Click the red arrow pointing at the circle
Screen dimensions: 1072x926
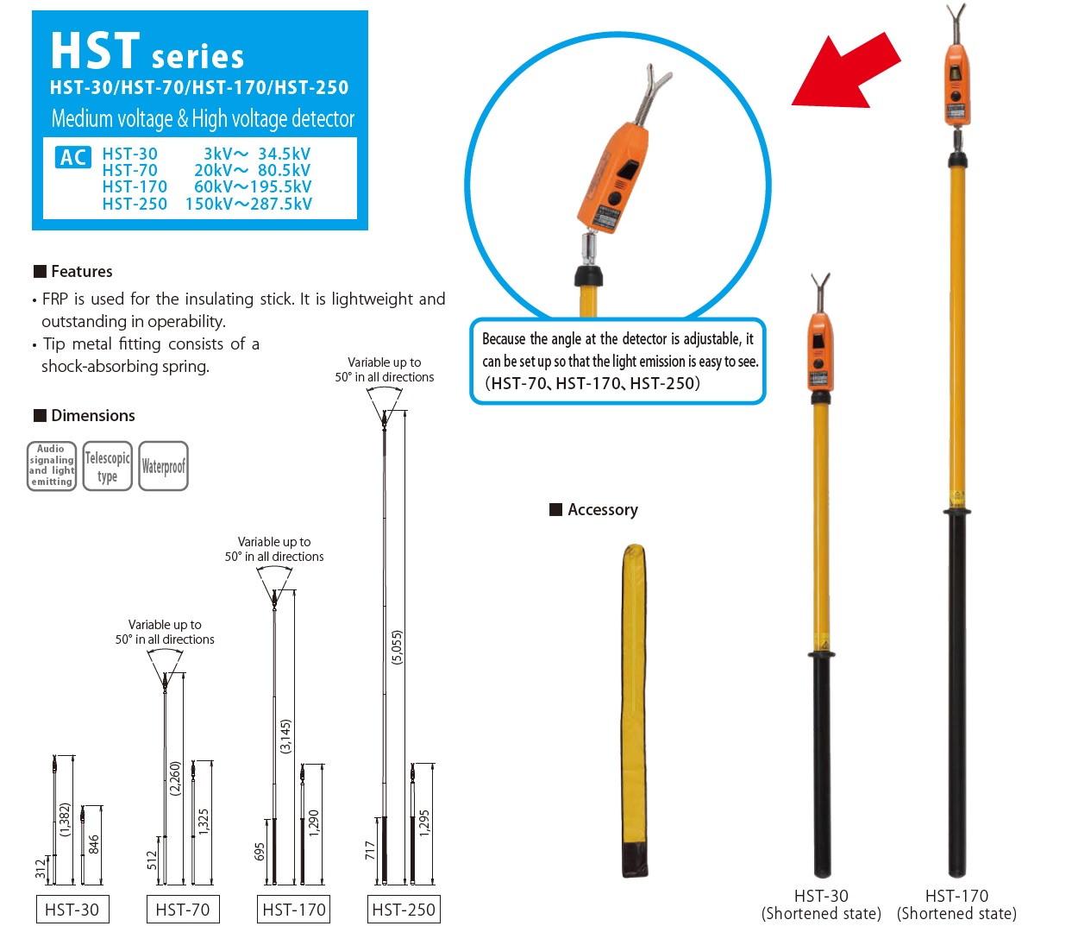click(x=846, y=72)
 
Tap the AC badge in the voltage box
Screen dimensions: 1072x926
click(x=73, y=157)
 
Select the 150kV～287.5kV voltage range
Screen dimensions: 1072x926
click(x=248, y=204)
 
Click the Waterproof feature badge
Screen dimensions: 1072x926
click(x=163, y=466)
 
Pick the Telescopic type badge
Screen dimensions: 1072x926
click(x=107, y=466)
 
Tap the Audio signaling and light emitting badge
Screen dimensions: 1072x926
click(x=52, y=466)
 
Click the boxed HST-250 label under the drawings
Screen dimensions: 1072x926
click(x=404, y=909)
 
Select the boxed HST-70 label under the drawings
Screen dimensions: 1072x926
click(x=183, y=909)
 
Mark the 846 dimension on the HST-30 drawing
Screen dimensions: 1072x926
click(x=94, y=845)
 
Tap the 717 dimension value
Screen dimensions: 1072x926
click(x=370, y=851)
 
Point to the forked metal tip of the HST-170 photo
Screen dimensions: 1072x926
click(x=956, y=22)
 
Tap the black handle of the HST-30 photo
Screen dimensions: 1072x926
click(x=822, y=765)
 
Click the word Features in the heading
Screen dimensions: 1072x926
click(x=81, y=272)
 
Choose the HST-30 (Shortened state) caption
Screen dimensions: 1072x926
click(x=821, y=904)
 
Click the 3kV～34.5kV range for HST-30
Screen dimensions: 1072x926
click(x=257, y=154)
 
